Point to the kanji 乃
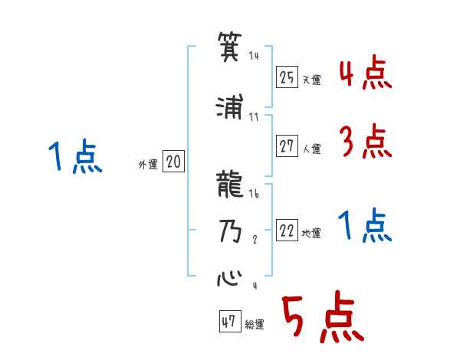tap(230, 231)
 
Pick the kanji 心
tap(230, 277)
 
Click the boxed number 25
tap(287, 77)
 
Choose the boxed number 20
tap(173, 162)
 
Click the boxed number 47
tap(228, 322)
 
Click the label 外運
tap(148, 165)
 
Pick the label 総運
tap(254, 325)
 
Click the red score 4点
tap(365, 75)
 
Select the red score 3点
tap(365, 141)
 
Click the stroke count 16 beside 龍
tap(255, 195)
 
